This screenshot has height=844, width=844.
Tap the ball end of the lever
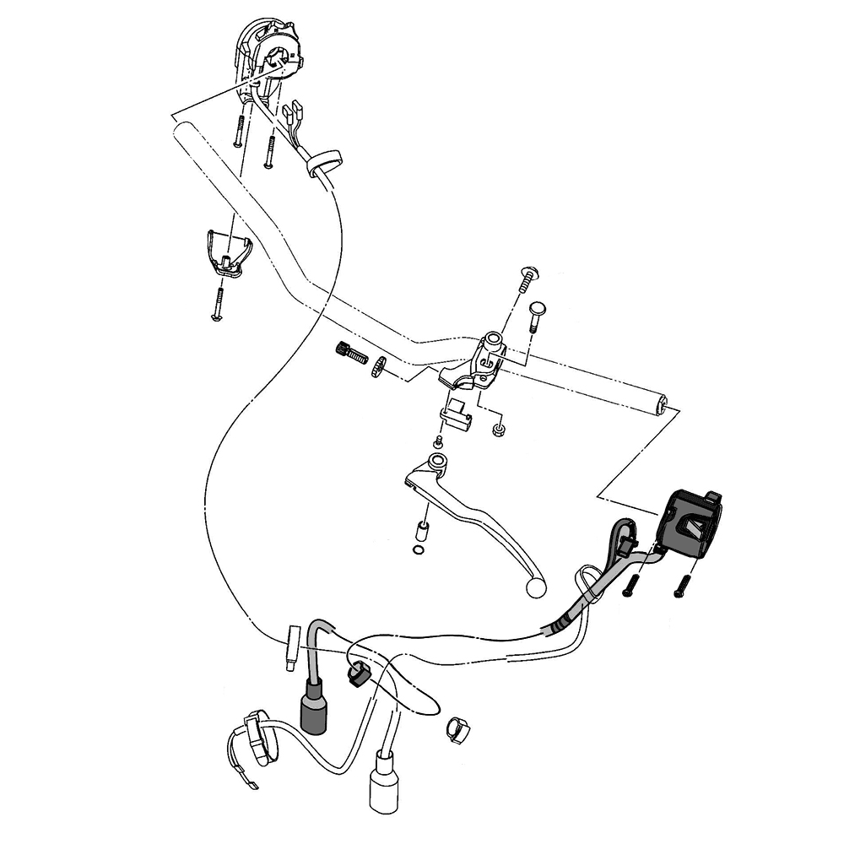coord(536,587)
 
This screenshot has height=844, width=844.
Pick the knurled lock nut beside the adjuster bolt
coord(379,366)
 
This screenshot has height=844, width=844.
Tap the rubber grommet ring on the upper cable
coord(323,162)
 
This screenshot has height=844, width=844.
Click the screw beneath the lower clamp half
coord(218,305)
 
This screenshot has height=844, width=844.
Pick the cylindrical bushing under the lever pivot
coord(420,533)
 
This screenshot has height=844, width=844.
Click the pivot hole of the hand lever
coord(437,462)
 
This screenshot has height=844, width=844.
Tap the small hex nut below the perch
coord(499,430)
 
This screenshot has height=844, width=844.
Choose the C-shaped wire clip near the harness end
coord(457,727)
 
